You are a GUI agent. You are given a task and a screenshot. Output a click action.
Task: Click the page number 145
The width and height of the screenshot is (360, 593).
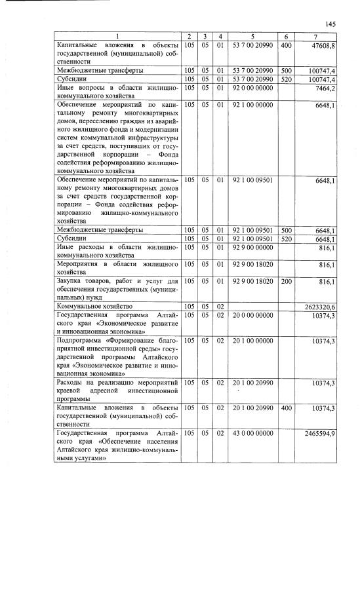(330, 24)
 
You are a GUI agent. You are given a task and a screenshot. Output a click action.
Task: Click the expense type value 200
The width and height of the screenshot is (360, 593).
(286, 280)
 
